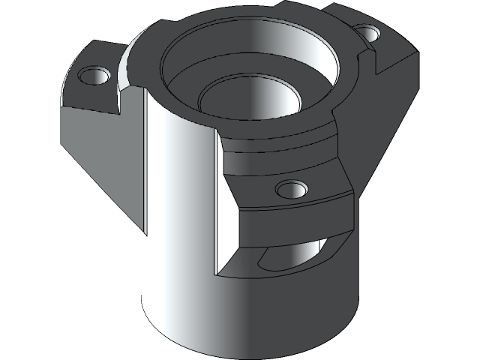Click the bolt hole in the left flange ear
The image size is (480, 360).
coord(94,76)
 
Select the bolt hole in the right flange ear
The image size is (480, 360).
coord(368,34)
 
